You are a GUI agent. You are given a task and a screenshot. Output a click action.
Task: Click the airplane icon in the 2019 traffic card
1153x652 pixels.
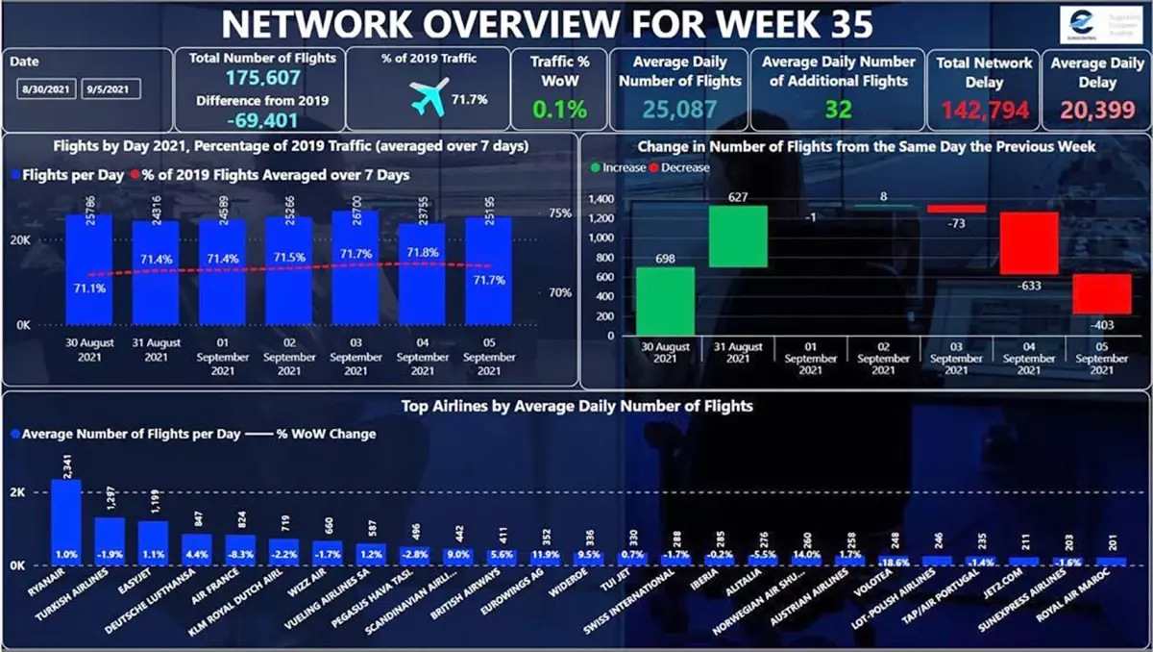click(x=429, y=98)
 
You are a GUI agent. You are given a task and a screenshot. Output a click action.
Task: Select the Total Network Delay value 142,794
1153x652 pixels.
click(x=986, y=109)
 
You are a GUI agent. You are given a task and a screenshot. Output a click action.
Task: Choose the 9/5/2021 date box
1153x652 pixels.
click(x=111, y=89)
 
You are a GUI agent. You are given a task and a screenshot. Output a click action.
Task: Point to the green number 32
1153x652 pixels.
click(x=838, y=109)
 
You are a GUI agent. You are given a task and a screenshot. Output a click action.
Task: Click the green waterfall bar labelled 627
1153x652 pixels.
click(x=738, y=237)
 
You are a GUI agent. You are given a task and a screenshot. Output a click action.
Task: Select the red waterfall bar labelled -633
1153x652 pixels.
click(x=1029, y=243)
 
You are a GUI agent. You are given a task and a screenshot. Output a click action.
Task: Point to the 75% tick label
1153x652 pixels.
click(x=561, y=213)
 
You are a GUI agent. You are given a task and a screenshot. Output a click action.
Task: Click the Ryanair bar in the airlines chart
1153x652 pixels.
click(x=66, y=521)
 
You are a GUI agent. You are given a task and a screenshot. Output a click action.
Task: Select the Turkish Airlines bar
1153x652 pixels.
click(x=110, y=540)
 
